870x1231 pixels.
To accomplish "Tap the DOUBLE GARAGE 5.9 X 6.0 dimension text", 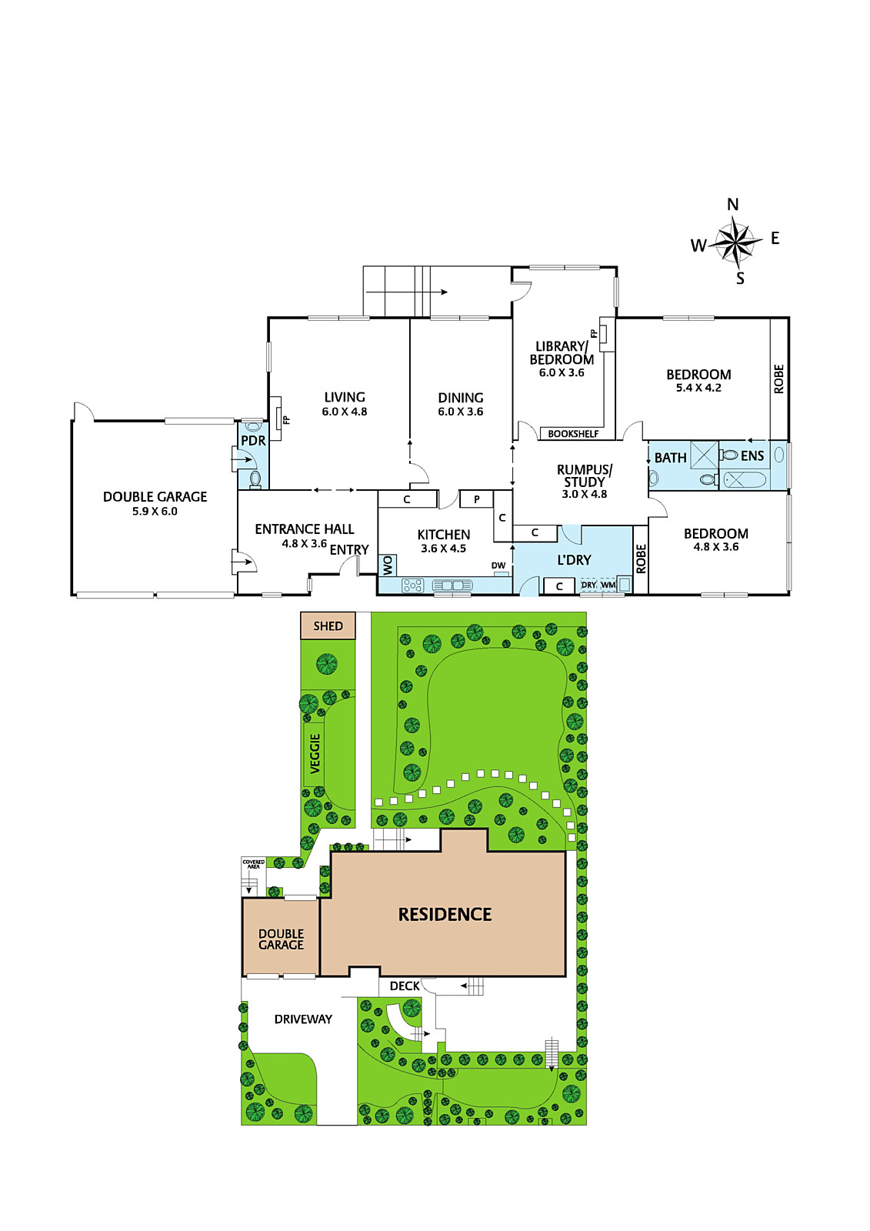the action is tap(155, 511).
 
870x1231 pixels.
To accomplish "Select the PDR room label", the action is tap(253, 441).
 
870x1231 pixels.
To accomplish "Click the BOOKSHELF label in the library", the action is tap(573, 434).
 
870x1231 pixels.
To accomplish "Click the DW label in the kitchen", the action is tap(498, 565).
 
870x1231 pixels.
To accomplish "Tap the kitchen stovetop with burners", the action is tap(412, 585).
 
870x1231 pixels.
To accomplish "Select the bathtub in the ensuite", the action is tap(745, 480).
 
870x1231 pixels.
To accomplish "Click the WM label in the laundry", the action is tap(608, 585).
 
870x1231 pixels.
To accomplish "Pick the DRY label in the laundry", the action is tap(588, 585).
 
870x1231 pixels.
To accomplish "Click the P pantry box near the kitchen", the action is tap(476, 499).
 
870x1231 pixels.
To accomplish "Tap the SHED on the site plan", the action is tap(328, 626).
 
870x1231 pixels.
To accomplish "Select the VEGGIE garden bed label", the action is tap(315, 753).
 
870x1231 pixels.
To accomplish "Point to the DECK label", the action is tap(405, 986).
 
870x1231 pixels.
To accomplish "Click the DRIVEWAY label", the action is tap(303, 1019).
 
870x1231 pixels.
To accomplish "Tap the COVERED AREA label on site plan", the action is tap(253, 863).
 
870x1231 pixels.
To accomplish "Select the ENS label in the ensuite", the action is tap(752, 455).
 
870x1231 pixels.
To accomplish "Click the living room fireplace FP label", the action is tap(286, 420).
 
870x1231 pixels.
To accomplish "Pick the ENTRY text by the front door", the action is tap(349, 549).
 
